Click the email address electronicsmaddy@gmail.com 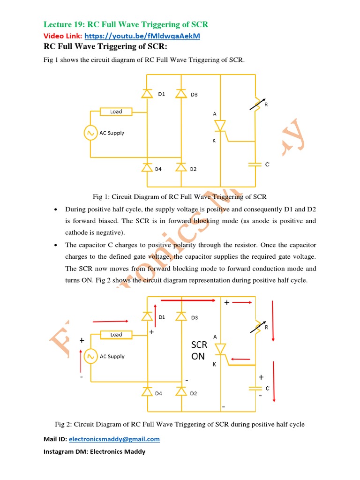114,439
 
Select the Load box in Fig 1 116,112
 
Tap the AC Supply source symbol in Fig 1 90,133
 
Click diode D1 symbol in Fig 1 147,94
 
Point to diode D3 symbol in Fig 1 181,94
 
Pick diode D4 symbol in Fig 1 147,167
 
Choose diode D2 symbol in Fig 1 181,167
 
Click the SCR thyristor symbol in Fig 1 220,126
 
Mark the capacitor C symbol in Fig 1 255,165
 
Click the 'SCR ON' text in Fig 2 199,351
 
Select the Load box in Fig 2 116,335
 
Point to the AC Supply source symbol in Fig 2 90,356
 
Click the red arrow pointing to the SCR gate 240,359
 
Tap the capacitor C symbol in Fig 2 255,388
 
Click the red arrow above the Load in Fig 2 111,322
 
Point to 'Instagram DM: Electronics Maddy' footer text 94,452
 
